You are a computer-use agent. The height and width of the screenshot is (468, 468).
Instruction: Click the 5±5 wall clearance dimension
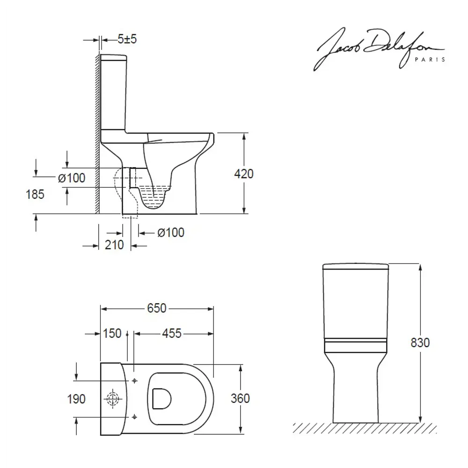(x=127, y=40)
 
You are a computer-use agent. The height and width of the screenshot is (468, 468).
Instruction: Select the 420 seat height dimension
(x=244, y=174)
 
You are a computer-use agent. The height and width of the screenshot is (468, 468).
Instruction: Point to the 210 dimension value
(x=114, y=244)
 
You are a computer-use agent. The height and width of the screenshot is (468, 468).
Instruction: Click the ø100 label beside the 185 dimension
(x=71, y=178)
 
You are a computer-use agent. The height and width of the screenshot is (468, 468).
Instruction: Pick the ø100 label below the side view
(x=170, y=232)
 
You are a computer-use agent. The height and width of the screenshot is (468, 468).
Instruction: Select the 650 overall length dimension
(x=157, y=308)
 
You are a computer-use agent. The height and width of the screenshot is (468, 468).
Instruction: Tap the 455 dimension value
(x=171, y=333)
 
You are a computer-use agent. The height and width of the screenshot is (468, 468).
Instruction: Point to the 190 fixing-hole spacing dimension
(x=76, y=399)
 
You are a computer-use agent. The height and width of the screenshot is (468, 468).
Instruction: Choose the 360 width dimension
(x=241, y=398)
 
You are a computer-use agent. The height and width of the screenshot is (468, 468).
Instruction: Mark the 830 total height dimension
(x=420, y=343)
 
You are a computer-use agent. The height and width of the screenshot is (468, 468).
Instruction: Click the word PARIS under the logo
(x=430, y=59)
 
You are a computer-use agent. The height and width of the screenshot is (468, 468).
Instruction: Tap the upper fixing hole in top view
(x=134, y=380)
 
